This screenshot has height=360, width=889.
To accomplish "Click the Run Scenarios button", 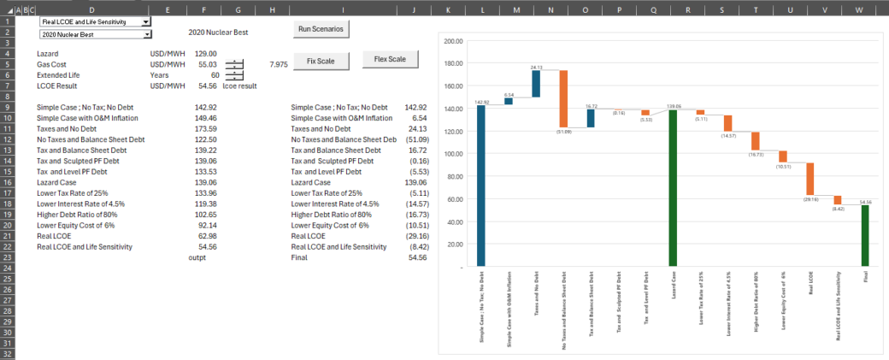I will coord(321,29).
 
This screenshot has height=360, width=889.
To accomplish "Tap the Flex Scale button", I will coord(390,59).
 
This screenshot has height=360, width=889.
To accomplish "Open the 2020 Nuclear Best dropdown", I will coord(147,35).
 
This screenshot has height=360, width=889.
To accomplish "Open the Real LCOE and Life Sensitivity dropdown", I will coord(146,21).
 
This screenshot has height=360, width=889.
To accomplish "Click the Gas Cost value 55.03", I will coord(207,64).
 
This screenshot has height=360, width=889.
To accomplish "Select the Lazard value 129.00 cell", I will coord(206,53).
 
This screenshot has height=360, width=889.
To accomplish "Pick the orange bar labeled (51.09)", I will coord(563,99).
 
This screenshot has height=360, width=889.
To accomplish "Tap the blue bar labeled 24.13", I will coord(536,84).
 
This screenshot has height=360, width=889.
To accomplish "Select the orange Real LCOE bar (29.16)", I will coord(810,179).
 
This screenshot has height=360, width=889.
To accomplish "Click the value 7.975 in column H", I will coord(277,64).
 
